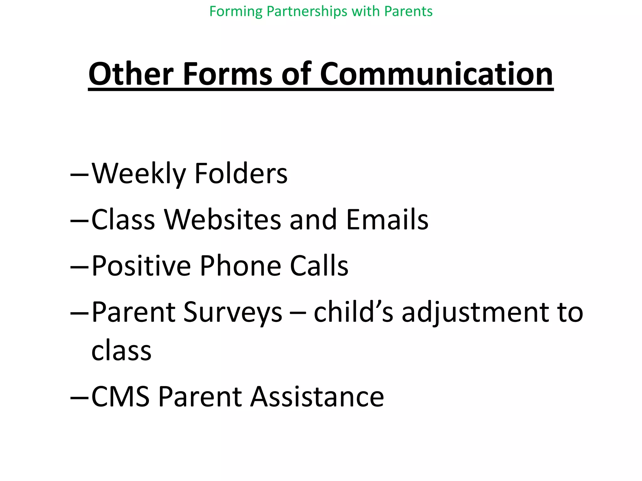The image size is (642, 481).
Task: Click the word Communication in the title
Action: point(436,74)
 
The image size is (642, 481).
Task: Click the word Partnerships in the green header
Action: point(307,12)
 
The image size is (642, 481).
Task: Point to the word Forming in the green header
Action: point(236,12)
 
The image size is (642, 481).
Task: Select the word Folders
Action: point(241,174)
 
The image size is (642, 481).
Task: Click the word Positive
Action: point(141,266)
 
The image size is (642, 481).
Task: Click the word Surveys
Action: point(233,312)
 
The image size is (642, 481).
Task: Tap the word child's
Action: point(353,312)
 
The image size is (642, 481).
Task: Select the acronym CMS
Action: point(120,397)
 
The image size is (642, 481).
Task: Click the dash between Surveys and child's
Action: point(298,313)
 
